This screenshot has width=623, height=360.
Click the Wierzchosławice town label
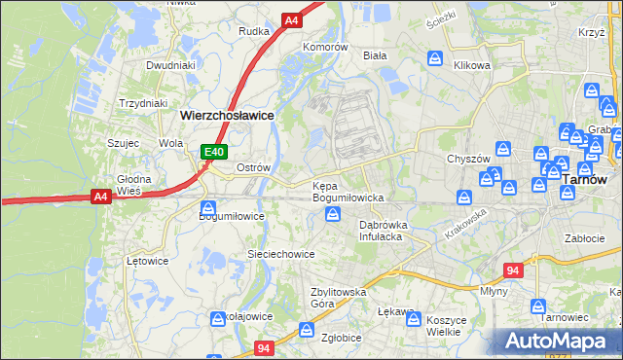[227, 115]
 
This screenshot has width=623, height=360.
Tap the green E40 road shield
[215, 152]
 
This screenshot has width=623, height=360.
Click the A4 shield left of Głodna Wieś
[100, 197]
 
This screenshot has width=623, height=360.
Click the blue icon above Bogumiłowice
[208, 207]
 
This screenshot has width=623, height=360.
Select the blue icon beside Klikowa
[435, 57]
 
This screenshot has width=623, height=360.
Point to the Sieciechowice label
[280, 254]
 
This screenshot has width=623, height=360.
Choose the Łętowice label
[148, 261]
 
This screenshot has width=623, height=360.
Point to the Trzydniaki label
[143, 103]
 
